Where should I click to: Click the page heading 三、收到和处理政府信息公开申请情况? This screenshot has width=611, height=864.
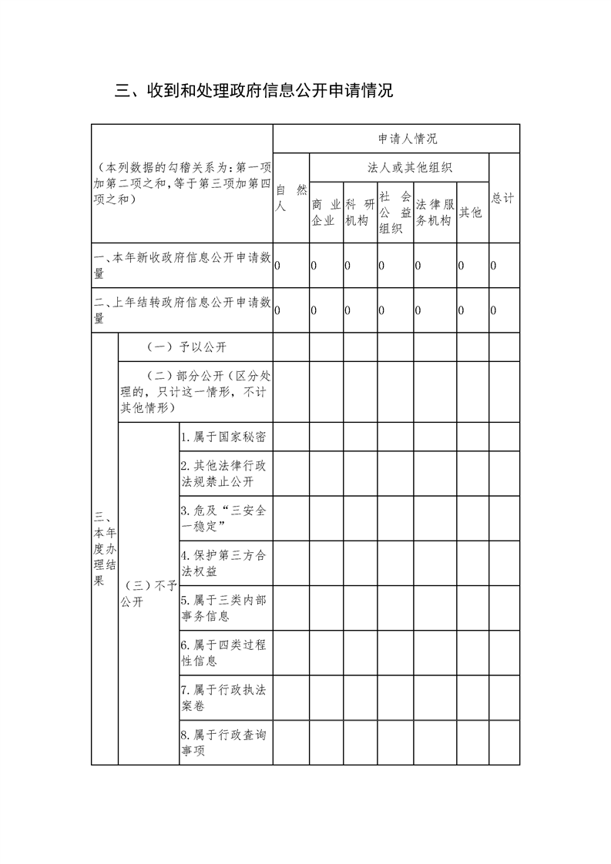(254, 91)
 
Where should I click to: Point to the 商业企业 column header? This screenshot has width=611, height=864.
(326, 213)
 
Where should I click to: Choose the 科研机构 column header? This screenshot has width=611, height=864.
(360, 213)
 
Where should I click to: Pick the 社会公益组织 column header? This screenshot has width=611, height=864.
(394, 213)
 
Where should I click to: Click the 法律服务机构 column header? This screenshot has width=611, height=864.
(434, 213)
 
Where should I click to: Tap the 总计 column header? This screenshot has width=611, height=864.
(503, 198)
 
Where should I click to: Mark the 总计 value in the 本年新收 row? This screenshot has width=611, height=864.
(494, 266)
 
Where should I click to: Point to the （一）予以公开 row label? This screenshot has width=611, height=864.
(186, 347)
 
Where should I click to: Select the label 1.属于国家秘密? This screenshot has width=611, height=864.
(224, 437)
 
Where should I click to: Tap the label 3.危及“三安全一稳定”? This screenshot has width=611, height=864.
(224, 518)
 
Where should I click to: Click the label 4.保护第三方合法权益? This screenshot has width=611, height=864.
(224, 564)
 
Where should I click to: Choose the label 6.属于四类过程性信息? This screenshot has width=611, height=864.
(224, 652)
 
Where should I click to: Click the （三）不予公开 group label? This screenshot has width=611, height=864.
(148, 594)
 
